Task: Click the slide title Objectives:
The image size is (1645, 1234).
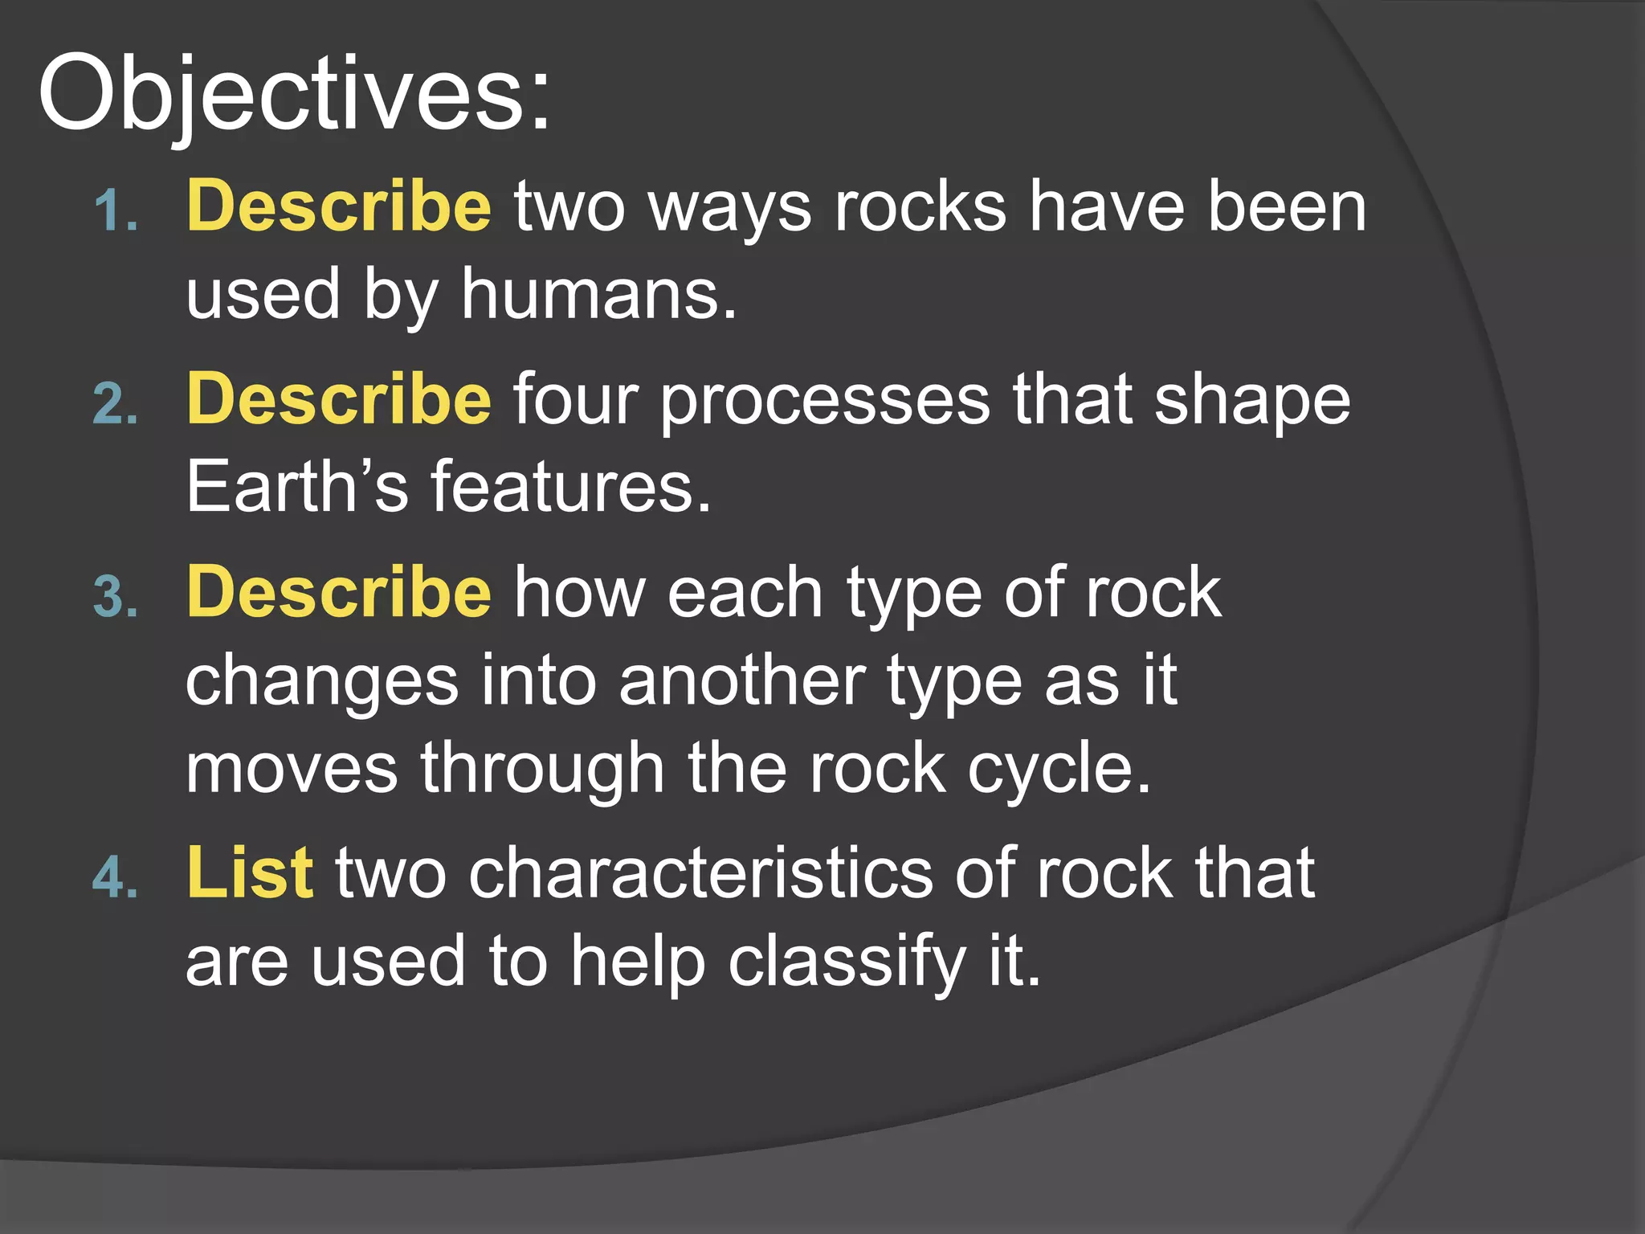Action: (294, 94)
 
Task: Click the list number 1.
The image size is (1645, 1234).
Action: (116, 211)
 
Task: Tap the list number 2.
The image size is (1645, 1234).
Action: (116, 404)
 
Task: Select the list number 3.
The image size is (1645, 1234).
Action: (116, 597)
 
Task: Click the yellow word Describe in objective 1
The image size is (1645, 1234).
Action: (338, 206)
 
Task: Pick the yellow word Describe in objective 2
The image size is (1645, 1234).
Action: (338, 399)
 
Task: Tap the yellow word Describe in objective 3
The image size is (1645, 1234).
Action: (338, 592)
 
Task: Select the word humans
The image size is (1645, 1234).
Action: (598, 295)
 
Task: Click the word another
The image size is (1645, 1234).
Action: (741, 681)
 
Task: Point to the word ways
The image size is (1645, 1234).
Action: (729, 210)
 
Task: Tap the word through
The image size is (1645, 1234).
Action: (542, 770)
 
